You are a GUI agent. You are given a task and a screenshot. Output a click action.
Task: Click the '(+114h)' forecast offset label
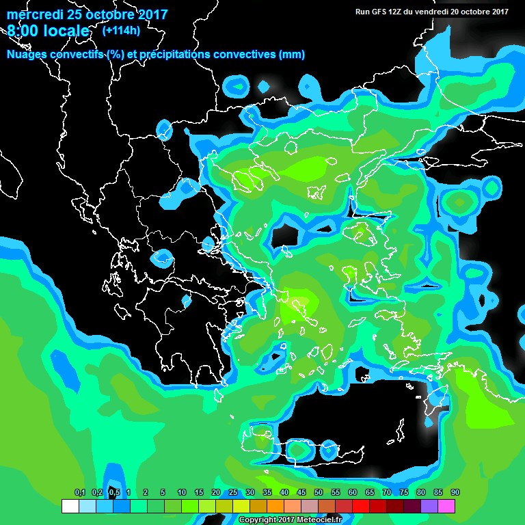pos(118,31)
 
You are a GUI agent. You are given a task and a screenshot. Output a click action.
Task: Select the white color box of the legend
pos(70,507)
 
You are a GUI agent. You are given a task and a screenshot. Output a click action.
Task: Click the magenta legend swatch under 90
pos(446,507)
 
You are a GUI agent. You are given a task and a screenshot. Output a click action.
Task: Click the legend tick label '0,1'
pos(79,493)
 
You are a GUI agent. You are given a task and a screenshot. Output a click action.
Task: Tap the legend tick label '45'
pos(301,493)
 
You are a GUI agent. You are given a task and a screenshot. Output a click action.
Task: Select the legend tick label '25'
pos(233,493)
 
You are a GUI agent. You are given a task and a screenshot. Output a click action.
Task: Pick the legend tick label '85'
pos(437,493)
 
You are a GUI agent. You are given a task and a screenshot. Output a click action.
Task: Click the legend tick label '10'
pos(182,493)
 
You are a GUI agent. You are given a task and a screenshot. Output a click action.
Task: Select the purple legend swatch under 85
pos(429,507)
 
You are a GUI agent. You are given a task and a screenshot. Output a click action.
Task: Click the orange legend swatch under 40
pos(275,507)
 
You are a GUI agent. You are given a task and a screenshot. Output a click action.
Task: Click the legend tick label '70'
pos(386,493)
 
